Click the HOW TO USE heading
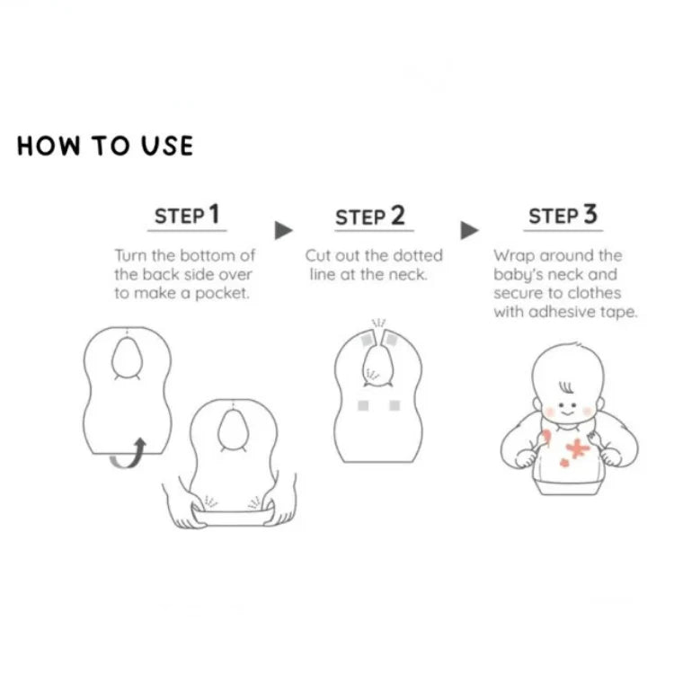(105, 146)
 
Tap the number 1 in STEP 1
(214, 214)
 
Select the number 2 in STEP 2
(397, 215)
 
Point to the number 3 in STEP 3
(590, 214)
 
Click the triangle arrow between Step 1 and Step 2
(283, 230)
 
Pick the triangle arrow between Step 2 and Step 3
(469, 230)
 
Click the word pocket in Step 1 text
(222, 294)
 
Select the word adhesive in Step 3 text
(562, 312)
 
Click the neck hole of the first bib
(128, 358)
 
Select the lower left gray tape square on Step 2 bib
(363, 405)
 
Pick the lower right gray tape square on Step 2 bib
(395, 405)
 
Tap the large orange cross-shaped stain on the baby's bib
(578, 448)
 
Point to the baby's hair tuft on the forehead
(566, 386)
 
